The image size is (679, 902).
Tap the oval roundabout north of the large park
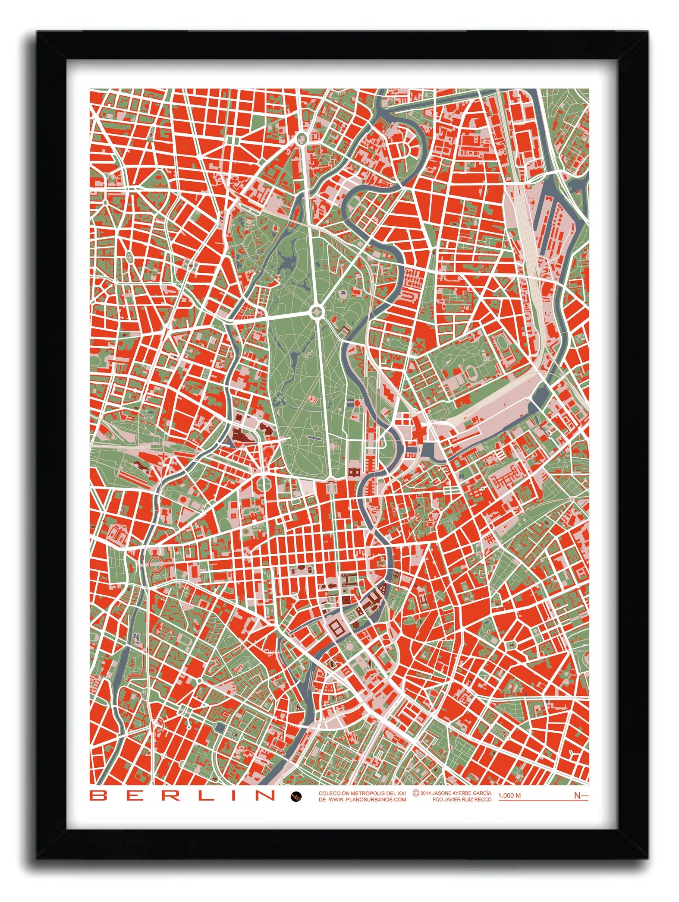point(301,138)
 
